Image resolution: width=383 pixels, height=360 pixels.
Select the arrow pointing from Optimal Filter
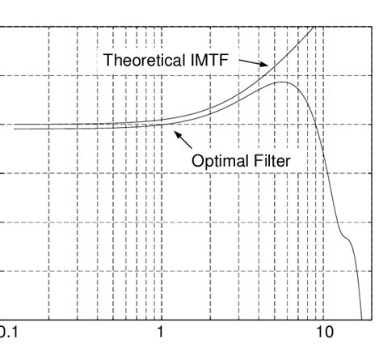[184, 140]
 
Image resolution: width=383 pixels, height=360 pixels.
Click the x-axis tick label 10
[324, 332]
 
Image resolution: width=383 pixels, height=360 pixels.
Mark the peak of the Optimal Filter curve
[280, 83]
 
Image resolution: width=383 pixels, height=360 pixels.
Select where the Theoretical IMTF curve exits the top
[314, 28]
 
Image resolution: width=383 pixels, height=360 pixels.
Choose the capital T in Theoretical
[107, 59]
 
